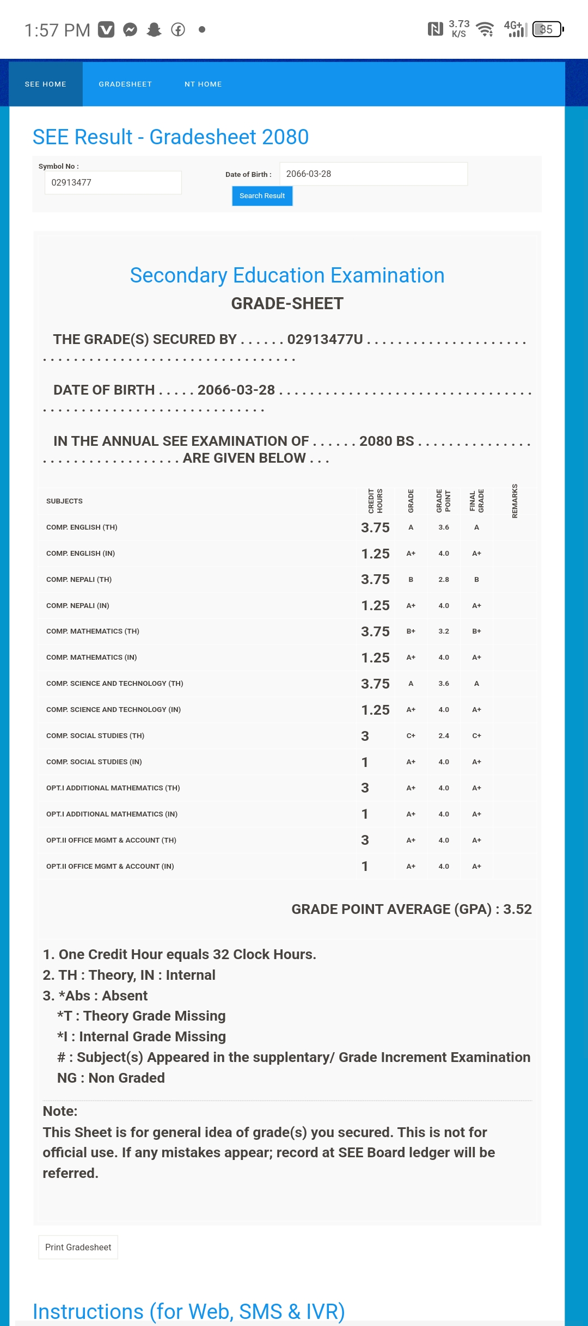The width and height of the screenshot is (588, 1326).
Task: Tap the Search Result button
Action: tap(262, 196)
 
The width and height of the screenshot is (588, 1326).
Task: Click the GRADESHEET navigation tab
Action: tap(125, 84)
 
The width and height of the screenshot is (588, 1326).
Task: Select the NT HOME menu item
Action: tap(203, 84)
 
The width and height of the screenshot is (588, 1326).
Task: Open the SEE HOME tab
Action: tap(46, 84)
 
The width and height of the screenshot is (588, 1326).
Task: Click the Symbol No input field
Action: tap(113, 183)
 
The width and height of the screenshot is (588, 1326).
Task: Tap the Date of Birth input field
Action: tap(373, 174)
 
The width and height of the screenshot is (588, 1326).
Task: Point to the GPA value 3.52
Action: tap(517, 909)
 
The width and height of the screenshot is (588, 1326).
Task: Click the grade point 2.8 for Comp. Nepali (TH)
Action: tap(444, 580)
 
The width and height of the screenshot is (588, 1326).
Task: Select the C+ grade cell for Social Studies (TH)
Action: tap(411, 736)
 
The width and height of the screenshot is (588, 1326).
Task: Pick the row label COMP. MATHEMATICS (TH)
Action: tap(93, 631)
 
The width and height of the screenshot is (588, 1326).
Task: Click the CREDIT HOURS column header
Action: tap(375, 501)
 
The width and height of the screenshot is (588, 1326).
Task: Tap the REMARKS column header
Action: tap(514, 501)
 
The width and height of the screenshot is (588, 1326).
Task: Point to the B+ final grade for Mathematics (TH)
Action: tap(476, 631)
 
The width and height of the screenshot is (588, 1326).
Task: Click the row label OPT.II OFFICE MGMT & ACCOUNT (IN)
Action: tap(110, 867)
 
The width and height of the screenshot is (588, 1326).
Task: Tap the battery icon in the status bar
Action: tap(548, 29)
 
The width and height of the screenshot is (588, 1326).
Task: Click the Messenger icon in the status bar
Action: tap(130, 29)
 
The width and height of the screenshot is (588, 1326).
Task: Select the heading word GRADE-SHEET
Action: tap(287, 304)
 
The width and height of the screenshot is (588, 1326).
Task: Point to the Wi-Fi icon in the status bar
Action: tap(485, 29)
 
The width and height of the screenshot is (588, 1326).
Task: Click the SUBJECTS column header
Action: tap(64, 501)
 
